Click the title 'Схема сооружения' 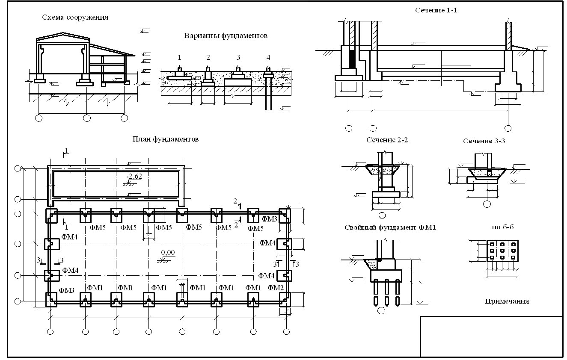point(75,18)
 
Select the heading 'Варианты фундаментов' point(226,35)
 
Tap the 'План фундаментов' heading point(166,139)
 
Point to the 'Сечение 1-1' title point(436,10)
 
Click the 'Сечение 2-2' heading point(387,140)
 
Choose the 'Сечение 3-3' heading point(484,141)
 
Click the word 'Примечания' point(507,301)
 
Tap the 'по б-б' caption point(503,227)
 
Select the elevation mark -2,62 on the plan point(134,176)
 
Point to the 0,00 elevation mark point(168,252)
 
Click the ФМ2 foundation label point(276,288)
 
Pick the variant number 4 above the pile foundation point(268,58)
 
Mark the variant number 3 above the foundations point(238,58)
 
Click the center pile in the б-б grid point(502,251)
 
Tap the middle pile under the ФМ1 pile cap point(386,293)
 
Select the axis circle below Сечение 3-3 point(487,204)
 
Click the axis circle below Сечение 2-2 point(382,215)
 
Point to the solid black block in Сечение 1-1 point(352,59)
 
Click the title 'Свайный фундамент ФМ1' point(390,227)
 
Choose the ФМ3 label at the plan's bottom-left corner point(66,290)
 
